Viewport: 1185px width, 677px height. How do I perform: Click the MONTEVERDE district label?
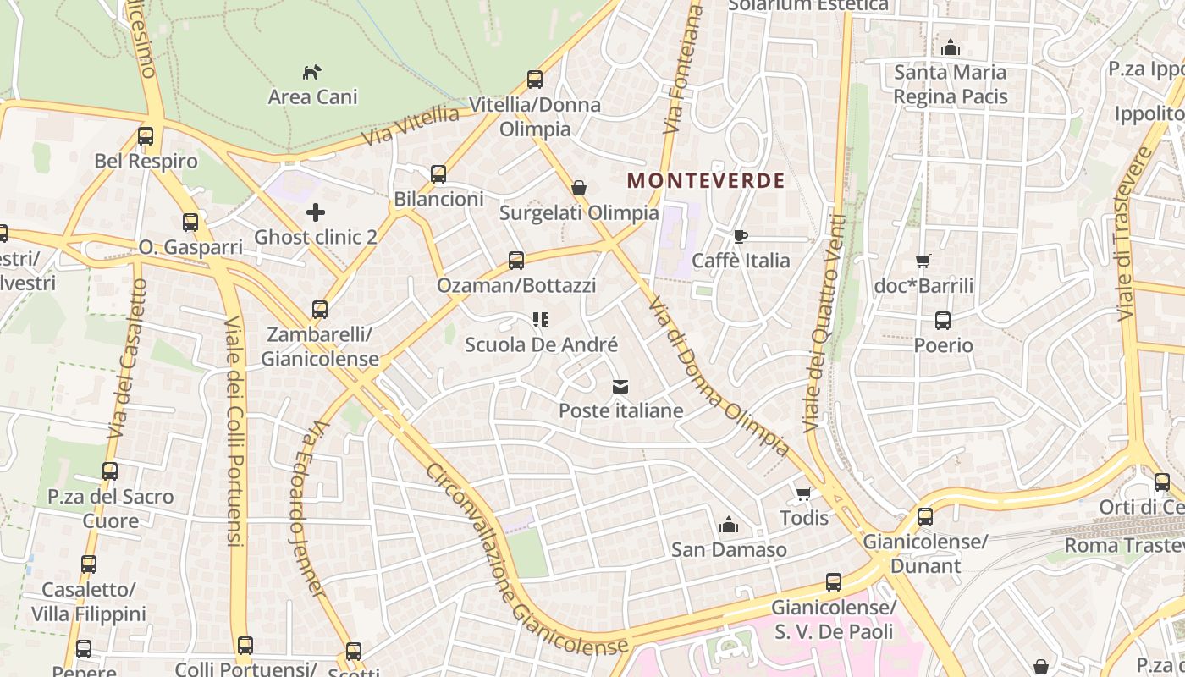pyautogui.click(x=706, y=180)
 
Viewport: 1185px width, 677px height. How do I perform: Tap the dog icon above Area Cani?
pyautogui.click(x=312, y=72)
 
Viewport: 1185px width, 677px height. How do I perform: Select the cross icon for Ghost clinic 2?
pyautogui.click(x=316, y=212)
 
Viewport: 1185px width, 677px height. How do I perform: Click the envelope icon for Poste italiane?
pyautogui.click(x=620, y=387)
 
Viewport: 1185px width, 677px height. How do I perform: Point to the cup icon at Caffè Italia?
pyautogui.click(x=741, y=236)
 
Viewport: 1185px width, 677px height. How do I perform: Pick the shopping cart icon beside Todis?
pyautogui.click(x=803, y=493)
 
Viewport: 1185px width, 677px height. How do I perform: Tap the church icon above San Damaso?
pyautogui.click(x=728, y=526)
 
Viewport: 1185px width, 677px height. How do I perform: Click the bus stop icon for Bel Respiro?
pyautogui.click(x=146, y=136)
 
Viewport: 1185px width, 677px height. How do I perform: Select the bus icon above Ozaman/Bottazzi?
pyautogui.click(x=515, y=261)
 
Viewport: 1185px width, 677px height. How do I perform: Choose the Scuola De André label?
pyautogui.click(x=542, y=345)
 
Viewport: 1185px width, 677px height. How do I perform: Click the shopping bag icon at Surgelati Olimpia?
pyautogui.click(x=579, y=188)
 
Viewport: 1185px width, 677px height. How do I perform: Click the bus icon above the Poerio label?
pyautogui.click(x=943, y=321)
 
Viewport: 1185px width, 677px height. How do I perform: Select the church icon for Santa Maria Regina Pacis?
pyautogui.click(x=951, y=47)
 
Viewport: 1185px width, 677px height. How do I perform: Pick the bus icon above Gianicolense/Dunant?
pyautogui.click(x=925, y=516)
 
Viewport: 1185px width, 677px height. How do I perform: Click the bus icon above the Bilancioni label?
pyautogui.click(x=438, y=174)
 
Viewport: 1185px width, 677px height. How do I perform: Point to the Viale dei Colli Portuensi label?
pyautogui.click(x=234, y=432)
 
